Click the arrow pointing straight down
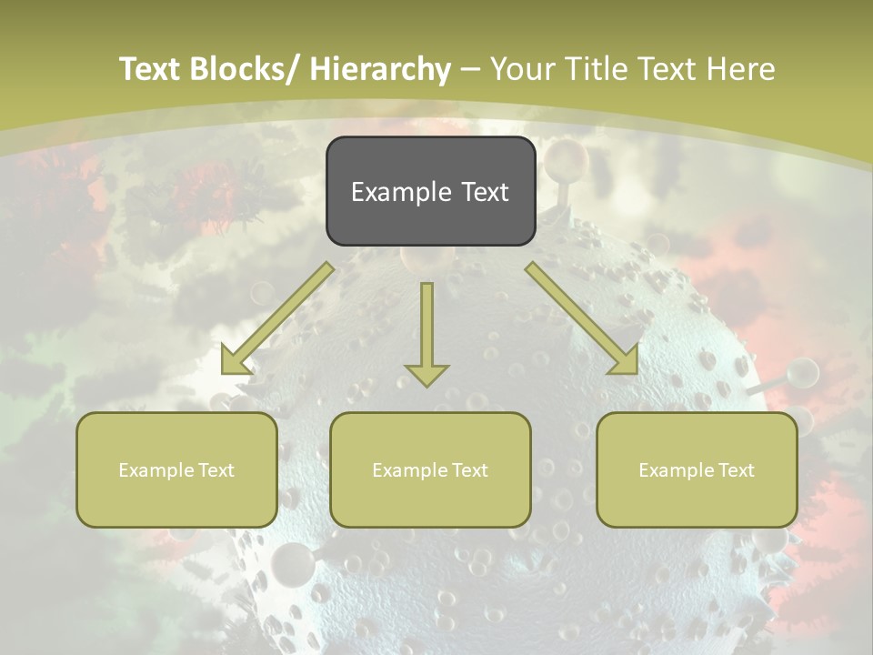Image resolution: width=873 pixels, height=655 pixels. tap(426, 332)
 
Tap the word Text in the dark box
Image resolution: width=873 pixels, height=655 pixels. tap(485, 192)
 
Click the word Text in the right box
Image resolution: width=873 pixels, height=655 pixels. tap(736, 470)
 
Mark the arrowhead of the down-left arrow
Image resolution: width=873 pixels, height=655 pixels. tap(235, 361)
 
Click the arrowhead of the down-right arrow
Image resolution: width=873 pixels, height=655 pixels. tap(625, 360)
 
